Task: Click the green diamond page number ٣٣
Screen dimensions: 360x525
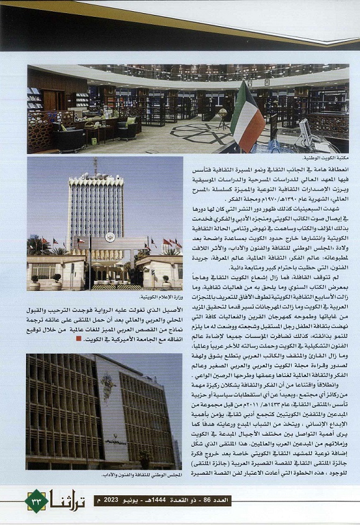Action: click(x=37, y=500)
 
